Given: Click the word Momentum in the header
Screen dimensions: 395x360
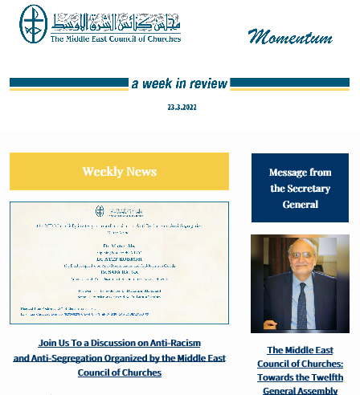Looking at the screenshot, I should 290,37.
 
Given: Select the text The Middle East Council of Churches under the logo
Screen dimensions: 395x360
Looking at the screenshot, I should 116,38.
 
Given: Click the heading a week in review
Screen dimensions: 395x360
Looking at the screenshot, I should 179,83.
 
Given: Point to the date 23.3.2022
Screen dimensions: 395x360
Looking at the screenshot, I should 182,107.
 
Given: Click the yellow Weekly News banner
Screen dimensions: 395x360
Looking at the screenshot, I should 119,171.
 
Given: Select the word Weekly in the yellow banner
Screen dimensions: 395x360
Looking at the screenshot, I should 102,171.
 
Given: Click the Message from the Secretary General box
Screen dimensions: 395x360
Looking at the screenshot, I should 300,188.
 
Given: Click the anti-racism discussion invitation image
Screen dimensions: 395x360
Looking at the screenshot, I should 119,263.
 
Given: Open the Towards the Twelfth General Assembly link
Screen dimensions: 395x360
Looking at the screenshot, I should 300,370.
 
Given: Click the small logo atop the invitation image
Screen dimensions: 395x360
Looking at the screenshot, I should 100,211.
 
